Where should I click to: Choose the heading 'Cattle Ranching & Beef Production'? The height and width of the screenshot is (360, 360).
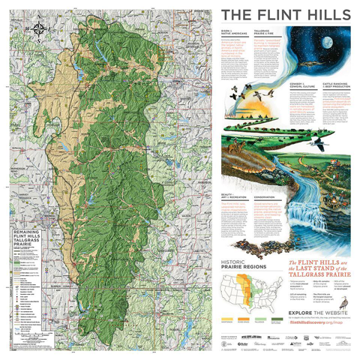point(328,106)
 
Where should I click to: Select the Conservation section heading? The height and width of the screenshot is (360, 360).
point(264,197)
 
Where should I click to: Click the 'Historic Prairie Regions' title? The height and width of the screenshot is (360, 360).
point(243,262)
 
